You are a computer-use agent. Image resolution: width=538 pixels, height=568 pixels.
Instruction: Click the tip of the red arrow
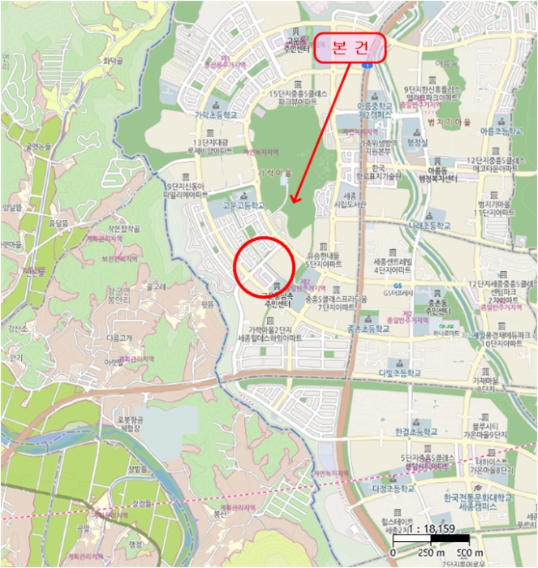pyautogui.click(x=293, y=202)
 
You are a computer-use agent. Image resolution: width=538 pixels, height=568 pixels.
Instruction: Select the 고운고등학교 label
pyautogui.click(x=243, y=207)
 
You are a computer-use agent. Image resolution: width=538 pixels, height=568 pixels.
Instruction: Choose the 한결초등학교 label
pyautogui.click(x=415, y=432)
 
